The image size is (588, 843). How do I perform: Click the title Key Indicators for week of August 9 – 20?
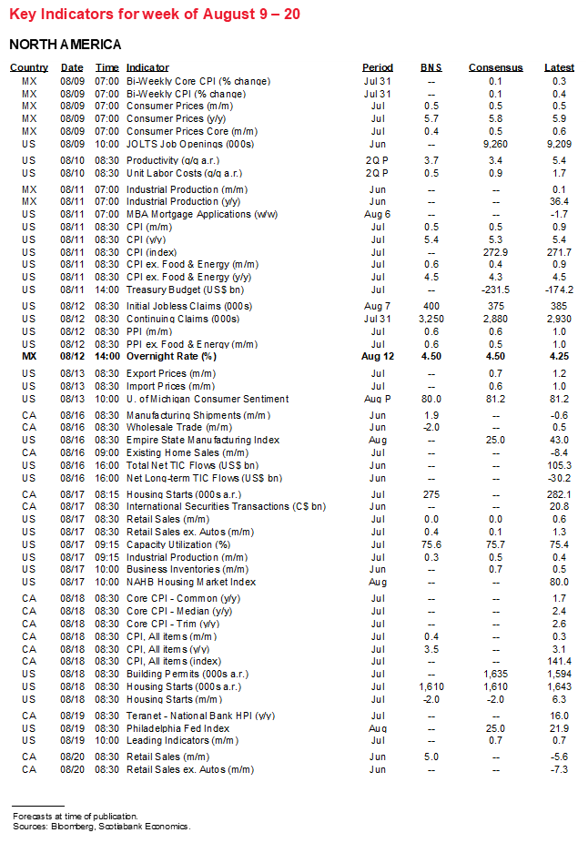pyautogui.click(x=153, y=15)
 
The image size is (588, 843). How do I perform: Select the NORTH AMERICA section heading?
pyautogui.click(x=65, y=45)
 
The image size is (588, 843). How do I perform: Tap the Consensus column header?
pyautogui.click(x=495, y=67)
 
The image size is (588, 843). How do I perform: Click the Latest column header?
pyautogui.click(x=559, y=67)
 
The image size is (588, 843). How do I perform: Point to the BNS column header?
pyautogui.click(x=431, y=67)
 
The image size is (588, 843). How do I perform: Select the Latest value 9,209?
pyautogui.click(x=559, y=144)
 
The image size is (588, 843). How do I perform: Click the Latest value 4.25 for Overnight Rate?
pyautogui.click(x=559, y=357)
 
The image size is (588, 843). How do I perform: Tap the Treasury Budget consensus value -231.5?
pyautogui.click(x=495, y=289)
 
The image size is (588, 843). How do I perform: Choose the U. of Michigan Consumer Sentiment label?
pyautogui.click(x=208, y=399)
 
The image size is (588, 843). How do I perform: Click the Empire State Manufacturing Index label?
pyautogui.click(x=203, y=440)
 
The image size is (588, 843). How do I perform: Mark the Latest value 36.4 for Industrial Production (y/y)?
pyautogui.click(x=559, y=201)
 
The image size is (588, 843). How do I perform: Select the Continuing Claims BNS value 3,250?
pyautogui.click(x=431, y=319)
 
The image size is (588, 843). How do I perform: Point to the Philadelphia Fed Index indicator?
pyautogui.click(x=178, y=728)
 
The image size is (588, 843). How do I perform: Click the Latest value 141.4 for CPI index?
pyautogui.click(x=559, y=661)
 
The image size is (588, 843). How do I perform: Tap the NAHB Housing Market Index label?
pyautogui.click(x=191, y=582)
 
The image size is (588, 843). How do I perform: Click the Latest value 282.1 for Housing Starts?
pyautogui.click(x=559, y=493)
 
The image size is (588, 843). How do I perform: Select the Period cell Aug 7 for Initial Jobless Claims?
pyautogui.click(x=378, y=306)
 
